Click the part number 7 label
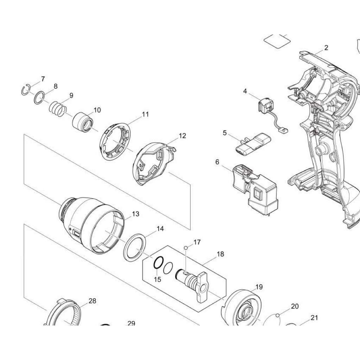tap(43, 79)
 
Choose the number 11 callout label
tap(145, 114)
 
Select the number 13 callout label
tap(136, 214)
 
